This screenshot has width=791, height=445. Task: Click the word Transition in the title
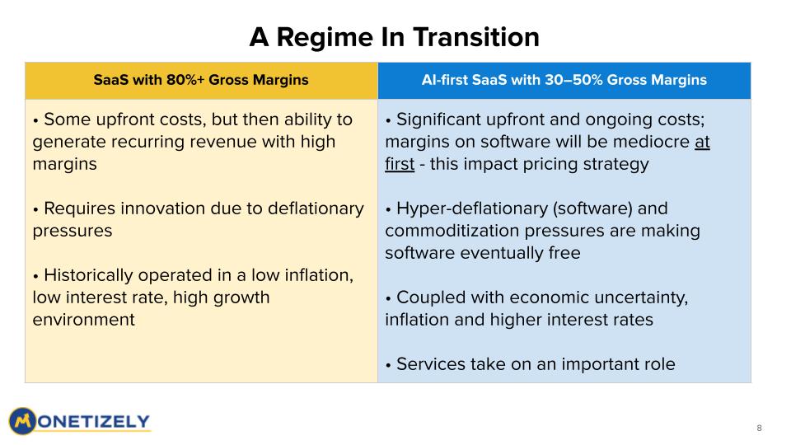pos(476,37)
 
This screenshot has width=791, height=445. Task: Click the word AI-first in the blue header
pos(444,80)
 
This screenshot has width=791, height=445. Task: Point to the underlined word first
pos(400,164)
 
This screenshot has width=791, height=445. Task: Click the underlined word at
pos(702,142)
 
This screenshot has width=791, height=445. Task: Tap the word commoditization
pos(452,231)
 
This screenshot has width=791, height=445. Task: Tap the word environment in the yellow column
pos(84,320)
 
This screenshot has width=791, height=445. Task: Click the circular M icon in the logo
pos(23,421)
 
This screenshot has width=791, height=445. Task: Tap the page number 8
pos(759,428)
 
